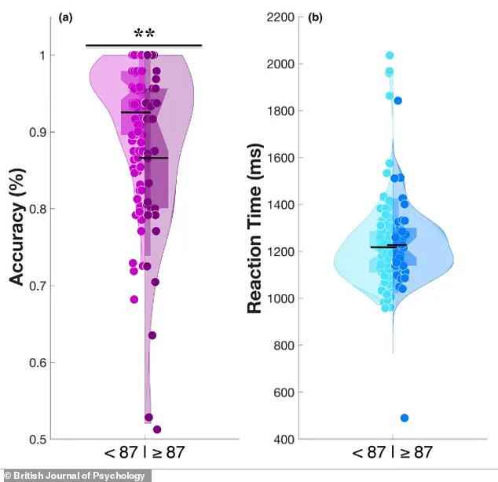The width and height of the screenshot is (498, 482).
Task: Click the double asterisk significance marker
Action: [144, 33]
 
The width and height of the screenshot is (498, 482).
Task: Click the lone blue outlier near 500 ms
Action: [403, 418]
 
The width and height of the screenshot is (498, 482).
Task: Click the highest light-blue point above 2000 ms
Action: [390, 56]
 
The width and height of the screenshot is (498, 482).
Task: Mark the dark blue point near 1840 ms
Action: [398, 100]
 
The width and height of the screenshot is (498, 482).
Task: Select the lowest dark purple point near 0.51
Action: [157, 429]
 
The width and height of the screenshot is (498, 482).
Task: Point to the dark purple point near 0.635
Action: [152, 335]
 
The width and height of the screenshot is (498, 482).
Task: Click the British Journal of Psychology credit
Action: [75, 475]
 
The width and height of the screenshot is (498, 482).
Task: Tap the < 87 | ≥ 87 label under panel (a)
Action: [146, 453]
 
